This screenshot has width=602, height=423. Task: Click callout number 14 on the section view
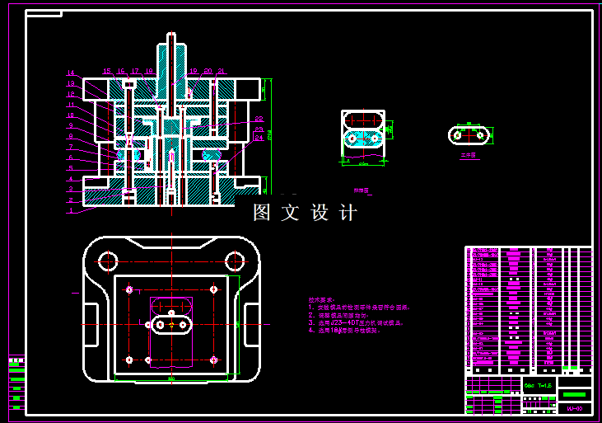coord(71,73)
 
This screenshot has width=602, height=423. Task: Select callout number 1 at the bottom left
coord(71,210)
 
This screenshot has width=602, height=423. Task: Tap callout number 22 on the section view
coord(259,120)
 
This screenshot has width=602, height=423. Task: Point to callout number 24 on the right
coord(259,138)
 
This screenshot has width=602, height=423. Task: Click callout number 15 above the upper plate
coord(107,72)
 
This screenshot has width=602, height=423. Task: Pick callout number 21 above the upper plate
coord(221,72)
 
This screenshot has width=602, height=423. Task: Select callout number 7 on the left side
coord(71,146)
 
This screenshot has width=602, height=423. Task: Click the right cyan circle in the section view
coord(213,153)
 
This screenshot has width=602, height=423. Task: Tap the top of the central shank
coord(170,35)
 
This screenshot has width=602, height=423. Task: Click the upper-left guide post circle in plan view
coord(107,261)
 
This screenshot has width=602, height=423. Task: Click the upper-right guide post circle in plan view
coord(235,261)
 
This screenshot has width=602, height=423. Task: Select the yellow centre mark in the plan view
coord(170,325)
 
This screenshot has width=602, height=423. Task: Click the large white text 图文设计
coord(305,213)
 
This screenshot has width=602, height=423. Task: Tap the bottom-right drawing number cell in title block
coord(575,408)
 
